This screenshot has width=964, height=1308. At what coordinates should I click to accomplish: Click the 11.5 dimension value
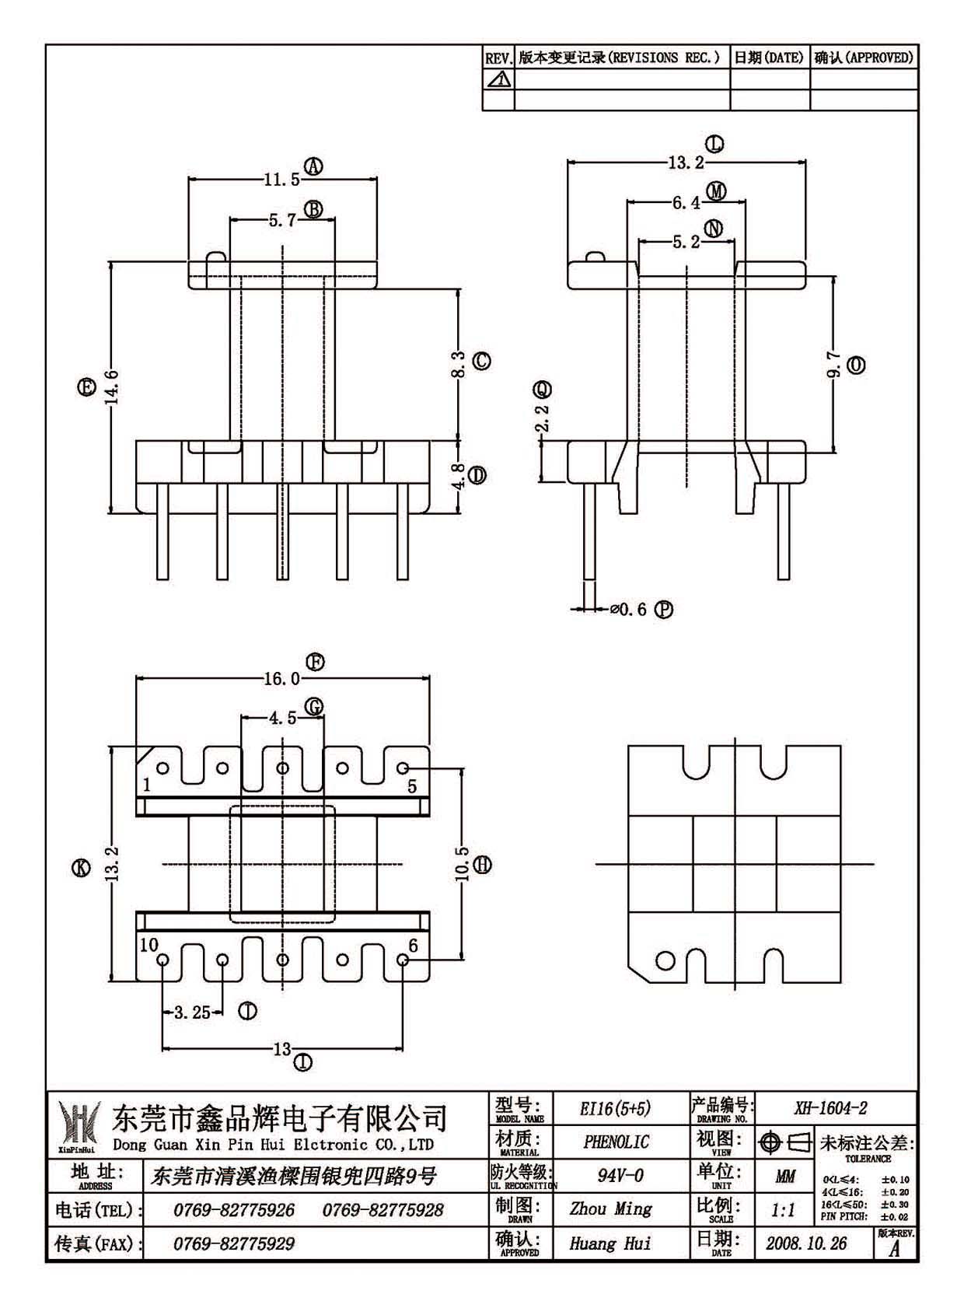pyautogui.click(x=282, y=180)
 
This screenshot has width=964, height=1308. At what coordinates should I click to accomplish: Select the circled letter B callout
pyautogui.click(x=314, y=209)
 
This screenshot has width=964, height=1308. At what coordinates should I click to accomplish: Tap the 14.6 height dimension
pyautogui.click(x=113, y=387)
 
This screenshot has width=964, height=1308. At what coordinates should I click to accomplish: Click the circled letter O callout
pyautogui.click(x=857, y=366)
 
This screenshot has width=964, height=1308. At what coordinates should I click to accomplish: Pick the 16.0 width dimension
pyautogui.click(x=282, y=679)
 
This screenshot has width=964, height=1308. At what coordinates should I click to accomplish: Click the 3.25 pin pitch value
pyautogui.click(x=193, y=1012)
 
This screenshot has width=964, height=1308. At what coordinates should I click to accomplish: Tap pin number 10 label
pyautogui.click(x=149, y=944)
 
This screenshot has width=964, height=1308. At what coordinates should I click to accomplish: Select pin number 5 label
pyautogui.click(x=412, y=786)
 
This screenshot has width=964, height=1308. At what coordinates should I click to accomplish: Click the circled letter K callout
pyautogui.click(x=81, y=868)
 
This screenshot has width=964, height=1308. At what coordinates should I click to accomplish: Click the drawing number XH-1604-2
pyautogui.click(x=830, y=1108)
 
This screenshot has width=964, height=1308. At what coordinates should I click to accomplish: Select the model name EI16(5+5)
pyautogui.click(x=615, y=1108)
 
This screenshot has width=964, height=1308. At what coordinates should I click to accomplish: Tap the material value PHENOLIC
pyautogui.click(x=616, y=1142)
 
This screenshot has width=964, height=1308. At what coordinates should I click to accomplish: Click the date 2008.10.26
pyautogui.click(x=806, y=1243)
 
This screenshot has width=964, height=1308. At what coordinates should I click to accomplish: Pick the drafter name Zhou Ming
pyautogui.click(x=611, y=1208)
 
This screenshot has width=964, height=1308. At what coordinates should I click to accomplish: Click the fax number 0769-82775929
pyautogui.click(x=234, y=1243)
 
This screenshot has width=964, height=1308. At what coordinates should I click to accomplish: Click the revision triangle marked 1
pyautogui.click(x=499, y=79)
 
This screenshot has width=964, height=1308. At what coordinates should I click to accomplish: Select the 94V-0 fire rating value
pyautogui.click(x=620, y=1176)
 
